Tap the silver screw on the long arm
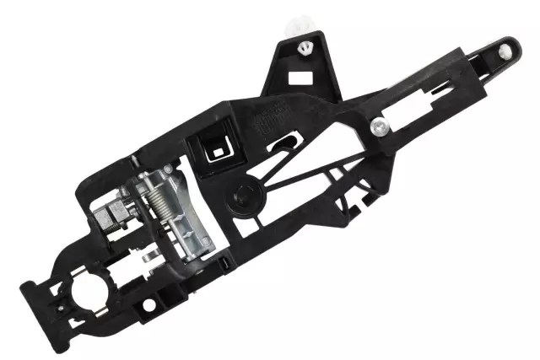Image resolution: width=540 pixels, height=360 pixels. click(x=379, y=127)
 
